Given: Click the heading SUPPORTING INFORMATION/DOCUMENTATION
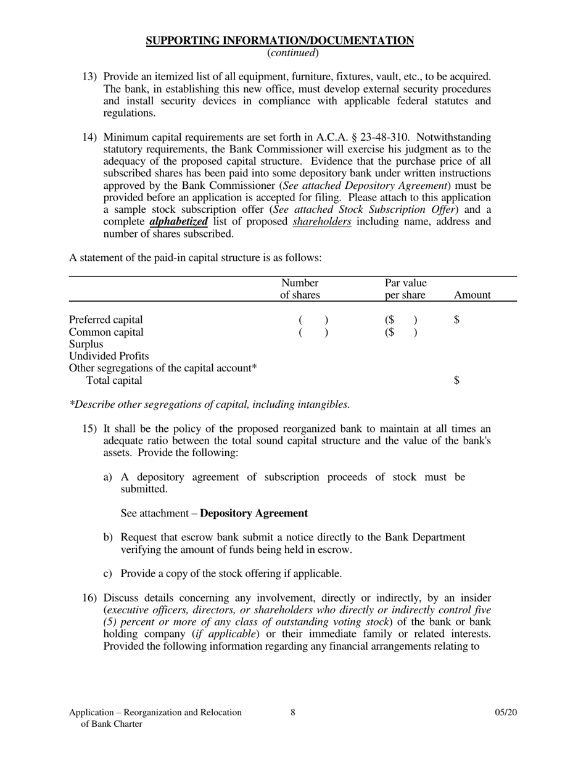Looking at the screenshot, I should [279, 41].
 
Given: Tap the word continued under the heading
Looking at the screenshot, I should [293, 53].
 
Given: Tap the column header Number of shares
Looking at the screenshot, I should [300, 289].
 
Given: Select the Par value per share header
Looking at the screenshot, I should [405, 289].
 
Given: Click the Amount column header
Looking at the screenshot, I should [472, 295].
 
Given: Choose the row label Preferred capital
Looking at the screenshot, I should [105, 320].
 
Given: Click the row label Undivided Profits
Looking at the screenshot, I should [109, 356].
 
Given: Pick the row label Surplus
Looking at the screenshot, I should [86, 344].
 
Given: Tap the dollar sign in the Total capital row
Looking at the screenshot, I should [456, 381].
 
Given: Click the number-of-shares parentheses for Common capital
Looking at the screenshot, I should [313, 332].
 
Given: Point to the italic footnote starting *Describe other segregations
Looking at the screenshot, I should [209, 405].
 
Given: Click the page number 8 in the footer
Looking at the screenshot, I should [292, 713].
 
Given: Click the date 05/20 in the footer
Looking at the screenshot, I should [505, 713].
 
